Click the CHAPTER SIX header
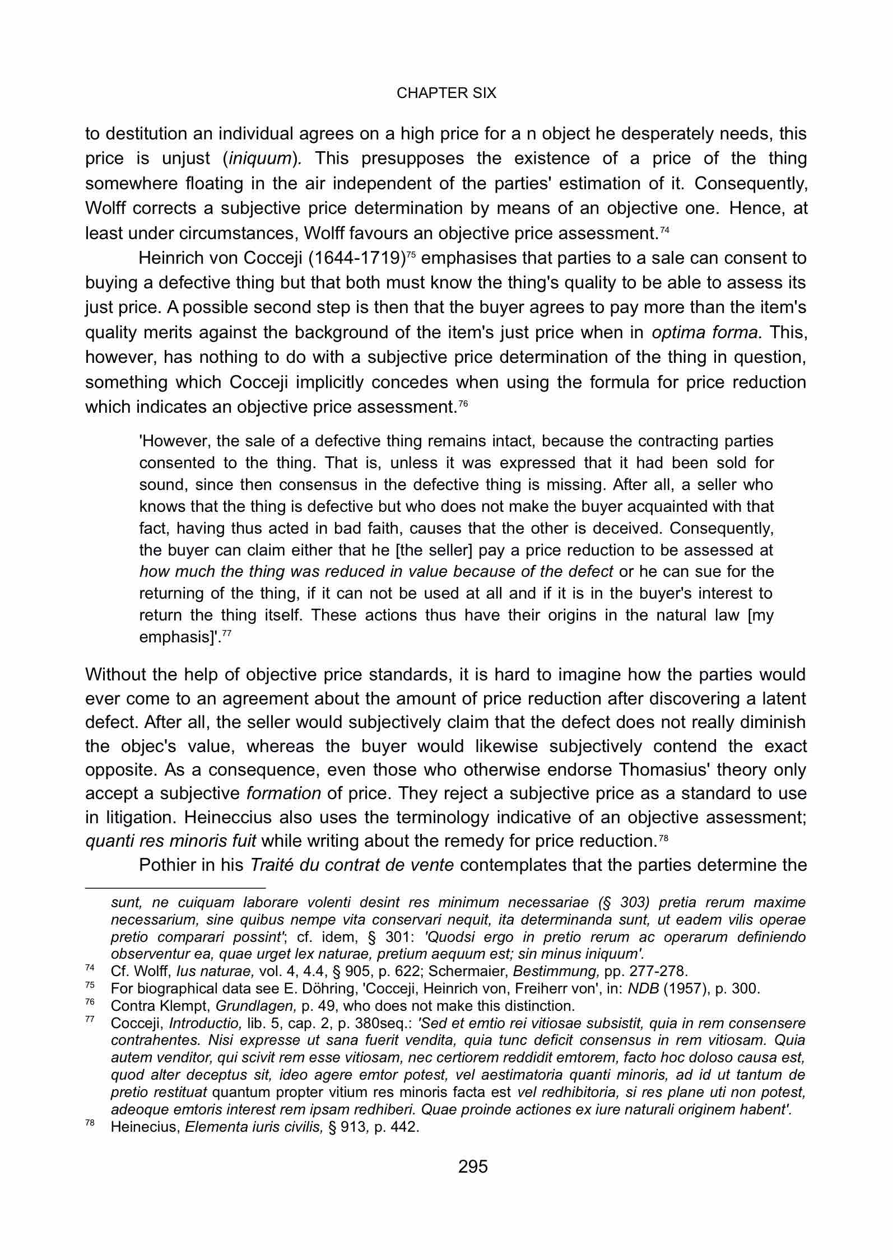(x=446, y=94)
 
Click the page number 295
(x=473, y=1166)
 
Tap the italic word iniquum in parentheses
(x=259, y=159)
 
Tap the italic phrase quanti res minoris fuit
(x=171, y=841)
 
